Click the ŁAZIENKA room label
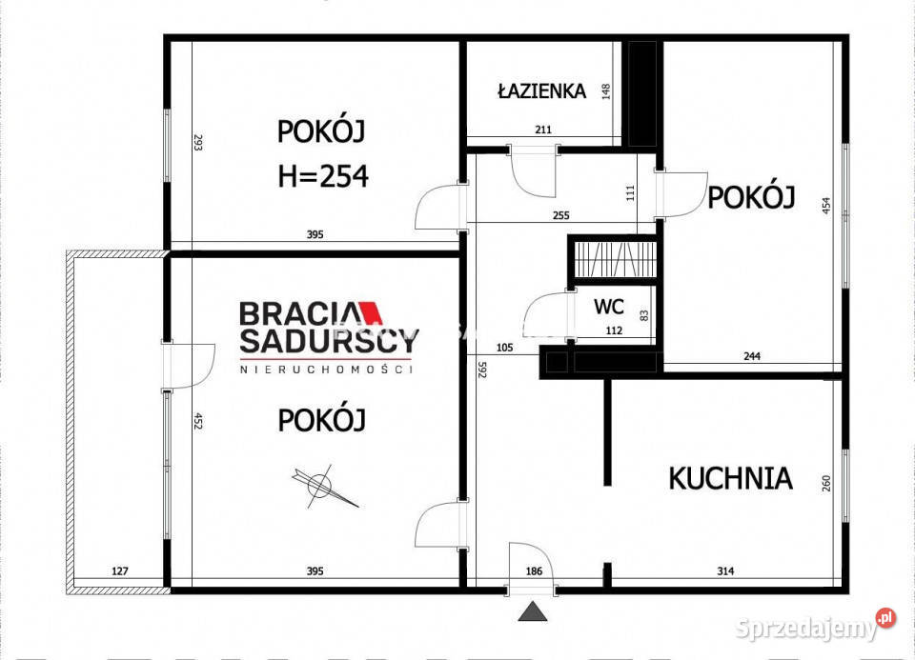[540, 91]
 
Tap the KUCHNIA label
[730, 477]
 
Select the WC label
[609, 308]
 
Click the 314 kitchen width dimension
[727, 571]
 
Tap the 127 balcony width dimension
[119, 571]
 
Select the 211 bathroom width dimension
[543, 130]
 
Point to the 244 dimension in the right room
[751, 357]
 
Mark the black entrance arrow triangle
[532, 611]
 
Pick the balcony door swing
[188, 366]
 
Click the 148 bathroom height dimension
[605, 91]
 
